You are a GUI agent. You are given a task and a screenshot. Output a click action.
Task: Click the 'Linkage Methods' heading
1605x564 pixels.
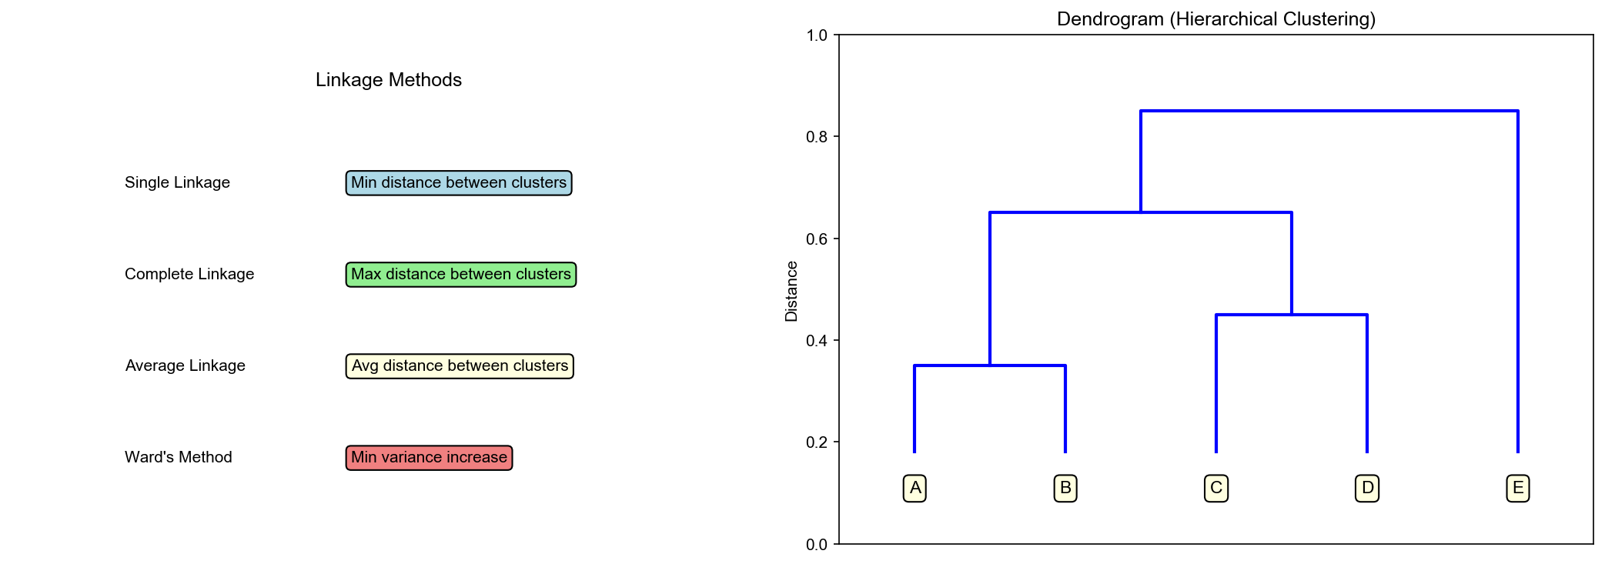(388, 80)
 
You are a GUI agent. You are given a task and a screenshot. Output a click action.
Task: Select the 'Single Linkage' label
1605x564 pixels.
(177, 182)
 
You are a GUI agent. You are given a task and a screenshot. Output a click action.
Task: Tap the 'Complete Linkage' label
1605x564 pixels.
(189, 274)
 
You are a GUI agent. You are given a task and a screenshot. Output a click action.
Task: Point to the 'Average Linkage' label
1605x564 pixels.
(185, 365)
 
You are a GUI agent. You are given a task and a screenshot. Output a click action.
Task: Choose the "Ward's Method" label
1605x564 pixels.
(178, 457)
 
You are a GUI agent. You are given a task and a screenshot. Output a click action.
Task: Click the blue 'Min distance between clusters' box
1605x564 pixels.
(459, 183)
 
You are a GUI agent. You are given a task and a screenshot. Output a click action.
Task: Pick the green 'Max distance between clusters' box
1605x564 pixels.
(461, 275)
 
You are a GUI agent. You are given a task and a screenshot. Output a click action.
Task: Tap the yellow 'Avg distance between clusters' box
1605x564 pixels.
(460, 366)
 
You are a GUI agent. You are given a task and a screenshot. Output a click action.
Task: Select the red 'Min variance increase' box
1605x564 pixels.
(429, 458)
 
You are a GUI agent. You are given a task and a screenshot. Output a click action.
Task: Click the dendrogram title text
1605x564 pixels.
(1215, 19)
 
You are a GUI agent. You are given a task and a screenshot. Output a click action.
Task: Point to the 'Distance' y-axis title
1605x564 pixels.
(791, 291)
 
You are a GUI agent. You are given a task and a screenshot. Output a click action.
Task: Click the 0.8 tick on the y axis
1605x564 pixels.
(817, 137)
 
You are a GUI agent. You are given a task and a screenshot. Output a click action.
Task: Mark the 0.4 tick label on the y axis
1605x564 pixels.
(817, 341)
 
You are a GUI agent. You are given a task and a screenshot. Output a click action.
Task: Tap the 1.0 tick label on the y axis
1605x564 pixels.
(817, 35)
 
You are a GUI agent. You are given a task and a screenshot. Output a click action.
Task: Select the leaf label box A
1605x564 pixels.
(915, 488)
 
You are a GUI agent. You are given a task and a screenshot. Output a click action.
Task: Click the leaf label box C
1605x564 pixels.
(1215, 488)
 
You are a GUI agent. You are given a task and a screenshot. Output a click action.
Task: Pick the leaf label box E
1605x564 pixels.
(1517, 488)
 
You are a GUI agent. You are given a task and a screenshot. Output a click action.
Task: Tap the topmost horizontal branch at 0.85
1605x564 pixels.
(1329, 111)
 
